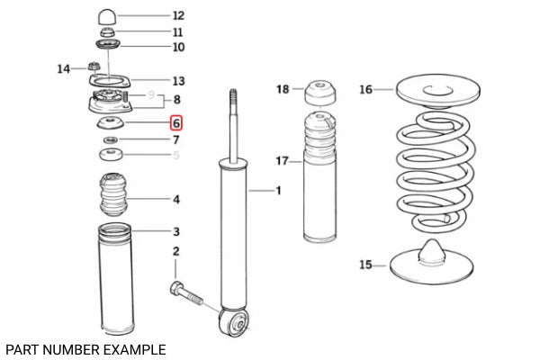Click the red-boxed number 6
pos(176,123)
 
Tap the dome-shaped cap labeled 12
pos(107,17)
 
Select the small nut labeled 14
pos(94,66)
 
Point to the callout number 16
pos(365,90)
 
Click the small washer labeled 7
pos(111,139)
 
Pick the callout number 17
pos(282,161)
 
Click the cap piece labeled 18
pos(320,94)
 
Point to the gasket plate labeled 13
pos(110,82)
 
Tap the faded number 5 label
pos(176,156)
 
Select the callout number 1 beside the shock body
pos(279,190)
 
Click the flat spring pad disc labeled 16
pos(438,90)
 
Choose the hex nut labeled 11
pos(108,33)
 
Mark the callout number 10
pos(178,47)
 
